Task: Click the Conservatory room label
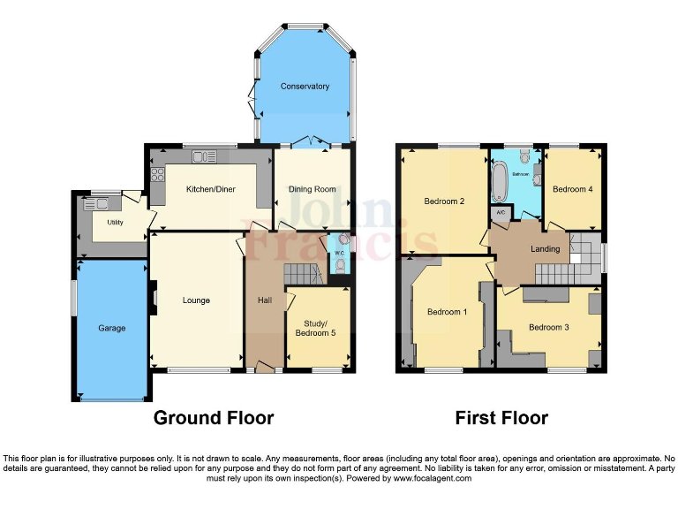pyautogui.click(x=305, y=87)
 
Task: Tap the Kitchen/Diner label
pyautogui.click(x=210, y=189)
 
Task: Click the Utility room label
pyautogui.click(x=116, y=223)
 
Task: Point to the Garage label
pyautogui.click(x=111, y=329)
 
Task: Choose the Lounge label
pyautogui.click(x=196, y=300)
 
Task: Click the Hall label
pyautogui.click(x=265, y=300)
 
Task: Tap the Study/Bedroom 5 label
pyautogui.click(x=318, y=328)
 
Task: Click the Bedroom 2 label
pyautogui.click(x=444, y=201)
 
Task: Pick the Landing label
pyautogui.click(x=545, y=249)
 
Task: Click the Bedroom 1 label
pyautogui.click(x=447, y=312)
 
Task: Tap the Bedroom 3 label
pyautogui.click(x=548, y=328)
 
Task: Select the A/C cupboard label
pyautogui.click(x=500, y=213)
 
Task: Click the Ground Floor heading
pyautogui.click(x=214, y=417)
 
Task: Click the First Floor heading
pyautogui.click(x=501, y=417)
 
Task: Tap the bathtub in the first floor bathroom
pyautogui.click(x=498, y=182)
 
